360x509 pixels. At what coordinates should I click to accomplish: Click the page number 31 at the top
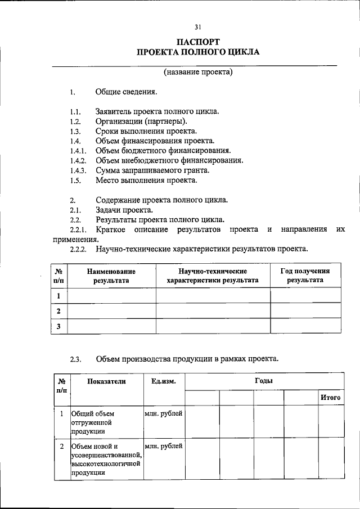[198, 27]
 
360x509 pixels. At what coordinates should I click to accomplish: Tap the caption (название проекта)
[198, 72]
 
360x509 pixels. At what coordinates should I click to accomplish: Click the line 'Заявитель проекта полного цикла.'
[157, 111]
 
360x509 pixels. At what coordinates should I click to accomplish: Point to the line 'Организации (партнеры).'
[142, 121]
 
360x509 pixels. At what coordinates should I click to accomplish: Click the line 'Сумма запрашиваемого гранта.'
[152, 170]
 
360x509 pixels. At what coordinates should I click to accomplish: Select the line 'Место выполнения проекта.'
[146, 181]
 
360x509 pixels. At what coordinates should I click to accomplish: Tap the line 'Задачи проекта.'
[124, 210]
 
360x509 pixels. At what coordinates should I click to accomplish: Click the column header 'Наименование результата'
[111, 275]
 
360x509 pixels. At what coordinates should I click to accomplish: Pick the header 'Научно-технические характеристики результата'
[213, 275]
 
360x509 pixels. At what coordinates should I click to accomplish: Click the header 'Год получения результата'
[305, 275]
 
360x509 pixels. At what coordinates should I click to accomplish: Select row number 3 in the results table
[58, 326]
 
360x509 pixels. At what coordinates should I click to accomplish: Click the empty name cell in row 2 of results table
[111, 310]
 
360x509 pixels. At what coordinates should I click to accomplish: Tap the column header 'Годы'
[263, 381]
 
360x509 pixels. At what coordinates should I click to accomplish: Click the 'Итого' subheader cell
[330, 398]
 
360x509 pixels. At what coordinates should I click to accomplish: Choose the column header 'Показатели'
[106, 381]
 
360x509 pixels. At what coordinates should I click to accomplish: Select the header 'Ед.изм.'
[164, 381]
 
